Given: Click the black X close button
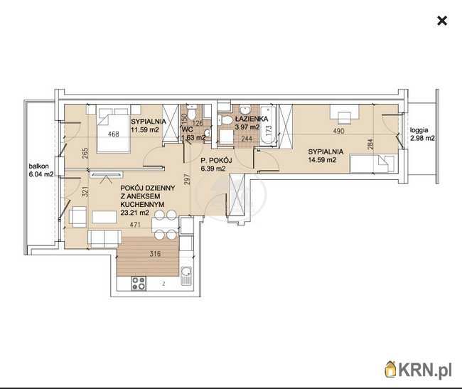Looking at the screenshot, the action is [x=442, y=21].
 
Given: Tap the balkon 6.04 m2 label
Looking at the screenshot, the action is [x=41, y=170].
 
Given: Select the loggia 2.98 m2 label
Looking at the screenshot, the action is [x=422, y=134].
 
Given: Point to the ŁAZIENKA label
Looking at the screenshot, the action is [x=252, y=119].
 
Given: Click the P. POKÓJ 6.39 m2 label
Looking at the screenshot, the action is [x=216, y=164].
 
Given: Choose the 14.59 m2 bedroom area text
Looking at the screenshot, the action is [x=322, y=160].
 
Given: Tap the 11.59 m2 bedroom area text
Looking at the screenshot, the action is [x=145, y=129].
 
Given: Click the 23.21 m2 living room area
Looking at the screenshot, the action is [x=134, y=213].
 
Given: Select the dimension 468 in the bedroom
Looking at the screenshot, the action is [x=114, y=134].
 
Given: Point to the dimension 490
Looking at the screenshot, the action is [x=338, y=131].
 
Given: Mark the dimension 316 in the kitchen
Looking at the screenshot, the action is [x=155, y=253].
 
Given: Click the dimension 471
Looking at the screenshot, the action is [x=135, y=225].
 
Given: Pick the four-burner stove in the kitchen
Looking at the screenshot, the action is [x=139, y=284].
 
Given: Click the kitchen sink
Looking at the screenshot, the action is [x=186, y=275].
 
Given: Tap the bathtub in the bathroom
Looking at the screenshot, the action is [x=269, y=125].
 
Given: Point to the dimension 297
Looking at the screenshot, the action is [x=187, y=179].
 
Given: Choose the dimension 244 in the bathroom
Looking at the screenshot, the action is [x=247, y=139].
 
